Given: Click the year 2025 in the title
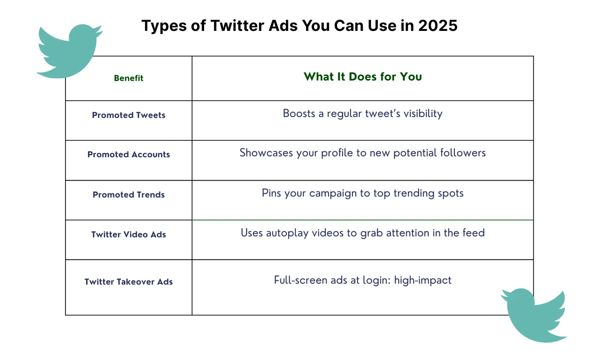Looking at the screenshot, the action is (x=438, y=26).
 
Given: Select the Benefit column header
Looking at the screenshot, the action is (x=129, y=78).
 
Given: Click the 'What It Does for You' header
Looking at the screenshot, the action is (x=363, y=77).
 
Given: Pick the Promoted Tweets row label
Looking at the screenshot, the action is (x=129, y=115).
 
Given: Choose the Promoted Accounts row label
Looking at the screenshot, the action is (x=129, y=154).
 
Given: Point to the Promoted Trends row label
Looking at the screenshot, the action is (x=129, y=194).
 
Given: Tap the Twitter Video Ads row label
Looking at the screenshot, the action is (x=129, y=234).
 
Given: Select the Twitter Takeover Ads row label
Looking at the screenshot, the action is (x=129, y=282).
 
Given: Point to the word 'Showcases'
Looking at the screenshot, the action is (x=266, y=153).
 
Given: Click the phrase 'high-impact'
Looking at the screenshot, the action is (x=423, y=280).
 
